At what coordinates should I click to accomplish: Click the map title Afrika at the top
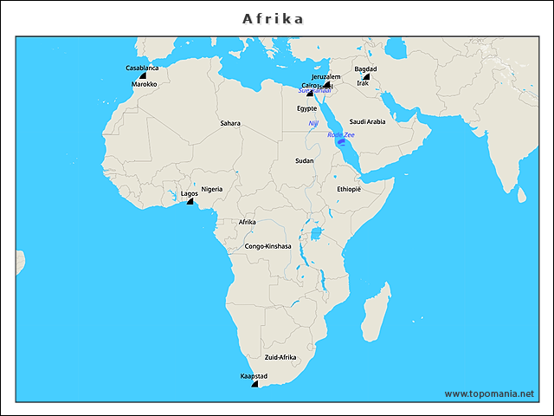(x=273, y=18)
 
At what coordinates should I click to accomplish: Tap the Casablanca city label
(x=142, y=68)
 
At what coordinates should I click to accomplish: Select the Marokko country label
(x=145, y=85)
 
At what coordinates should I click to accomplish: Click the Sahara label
(x=230, y=123)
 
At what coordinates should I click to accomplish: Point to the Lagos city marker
(x=190, y=201)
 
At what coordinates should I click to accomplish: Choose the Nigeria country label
(x=212, y=189)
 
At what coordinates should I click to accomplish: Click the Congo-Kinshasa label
(x=267, y=246)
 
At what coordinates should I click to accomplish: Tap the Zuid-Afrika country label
(x=280, y=357)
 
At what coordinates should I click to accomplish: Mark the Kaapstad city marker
(x=255, y=384)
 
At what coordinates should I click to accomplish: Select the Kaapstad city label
(x=254, y=376)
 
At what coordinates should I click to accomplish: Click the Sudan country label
(x=305, y=160)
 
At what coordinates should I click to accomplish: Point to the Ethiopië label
(x=349, y=189)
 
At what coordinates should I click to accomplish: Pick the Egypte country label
(x=307, y=108)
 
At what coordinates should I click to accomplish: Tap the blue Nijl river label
(x=313, y=124)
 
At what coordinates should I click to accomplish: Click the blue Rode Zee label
(x=341, y=134)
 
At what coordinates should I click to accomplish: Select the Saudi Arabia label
(x=367, y=121)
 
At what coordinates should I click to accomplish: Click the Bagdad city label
(x=365, y=68)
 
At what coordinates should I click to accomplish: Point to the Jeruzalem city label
(x=326, y=77)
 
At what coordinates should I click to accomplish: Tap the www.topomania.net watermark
(x=490, y=393)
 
